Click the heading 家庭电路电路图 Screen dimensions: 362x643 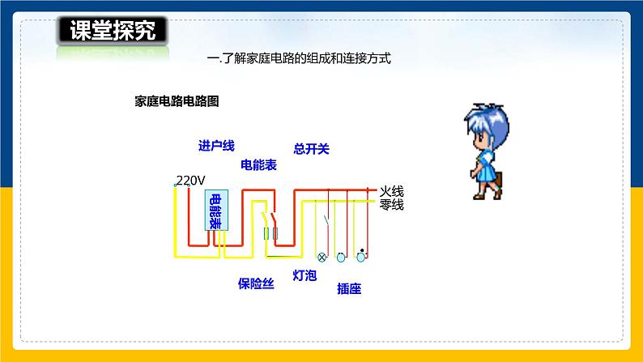click(177, 101)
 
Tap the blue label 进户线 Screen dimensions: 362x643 click(215, 146)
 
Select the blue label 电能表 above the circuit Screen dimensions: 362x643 click(258, 164)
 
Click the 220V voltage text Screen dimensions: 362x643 click(191, 180)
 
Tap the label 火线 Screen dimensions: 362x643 click(391, 191)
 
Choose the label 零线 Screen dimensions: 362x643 click(391, 205)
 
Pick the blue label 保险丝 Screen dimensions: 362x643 click(255, 283)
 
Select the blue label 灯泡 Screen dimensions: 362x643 click(304, 275)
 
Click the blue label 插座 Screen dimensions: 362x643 click(348, 288)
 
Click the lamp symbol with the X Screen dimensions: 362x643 click(321, 258)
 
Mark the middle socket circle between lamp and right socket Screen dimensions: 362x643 click(341, 258)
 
